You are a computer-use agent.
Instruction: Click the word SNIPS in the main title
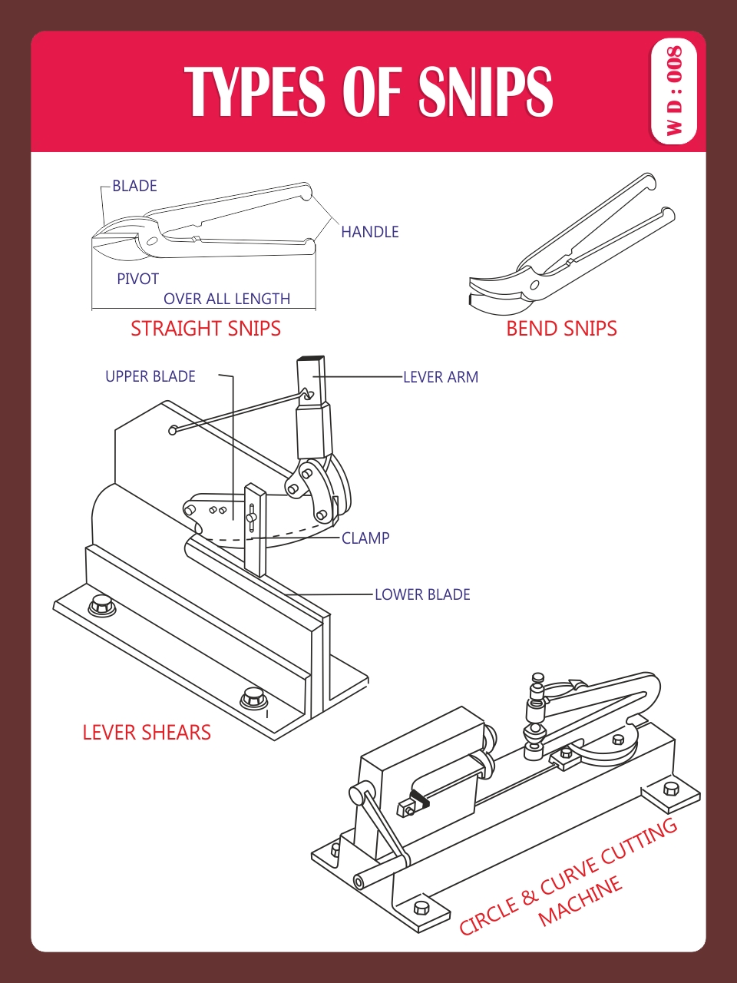(x=485, y=91)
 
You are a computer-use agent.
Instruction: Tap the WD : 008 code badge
(x=673, y=91)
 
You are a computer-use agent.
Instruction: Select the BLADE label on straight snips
(x=134, y=186)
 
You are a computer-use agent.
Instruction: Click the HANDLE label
(x=370, y=232)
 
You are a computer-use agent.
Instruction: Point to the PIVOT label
(x=137, y=279)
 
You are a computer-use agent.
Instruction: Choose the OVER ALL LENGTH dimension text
(x=226, y=299)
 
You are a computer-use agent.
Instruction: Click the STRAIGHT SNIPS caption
(x=205, y=329)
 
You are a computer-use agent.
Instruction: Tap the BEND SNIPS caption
(x=561, y=329)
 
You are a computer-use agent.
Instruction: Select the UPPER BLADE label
(x=150, y=376)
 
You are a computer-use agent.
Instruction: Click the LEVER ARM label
(x=441, y=377)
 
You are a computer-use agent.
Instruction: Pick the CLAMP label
(x=365, y=538)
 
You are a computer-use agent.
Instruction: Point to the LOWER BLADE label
(x=422, y=594)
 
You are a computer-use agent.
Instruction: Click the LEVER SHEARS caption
(x=147, y=733)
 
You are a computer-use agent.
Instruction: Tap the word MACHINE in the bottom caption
(x=580, y=902)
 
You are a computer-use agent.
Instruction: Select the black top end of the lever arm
(x=312, y=358)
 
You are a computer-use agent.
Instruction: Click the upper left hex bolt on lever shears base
(x=101, y=604)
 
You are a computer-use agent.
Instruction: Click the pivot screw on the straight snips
(x=151, y=241)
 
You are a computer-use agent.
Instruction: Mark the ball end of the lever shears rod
(x=174, y=430)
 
